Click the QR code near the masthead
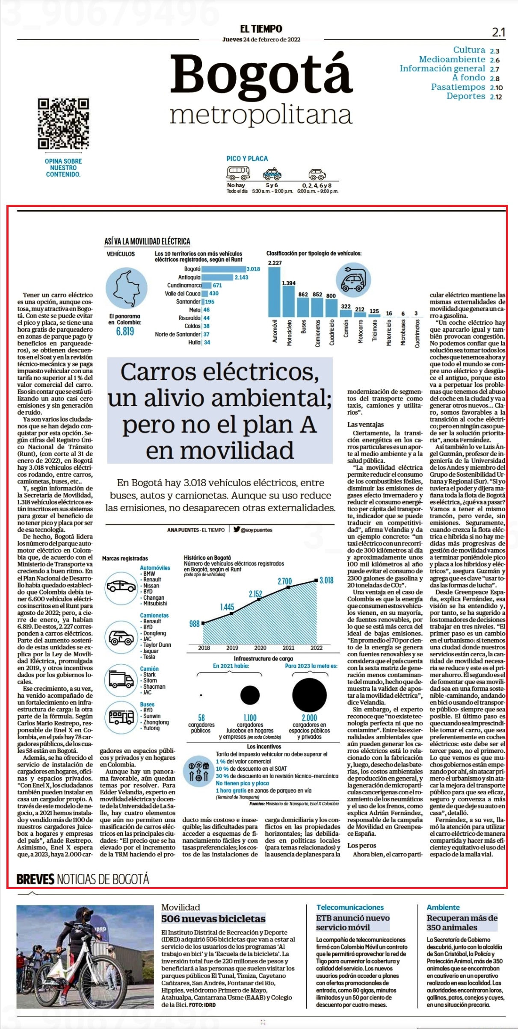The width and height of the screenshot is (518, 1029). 63,124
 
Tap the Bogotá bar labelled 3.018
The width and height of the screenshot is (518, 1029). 224,269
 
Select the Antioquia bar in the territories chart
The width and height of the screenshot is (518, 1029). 218,277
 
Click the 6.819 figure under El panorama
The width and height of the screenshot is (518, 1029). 125,331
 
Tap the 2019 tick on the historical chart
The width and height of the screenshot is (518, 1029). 232,648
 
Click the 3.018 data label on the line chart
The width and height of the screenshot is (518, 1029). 326,580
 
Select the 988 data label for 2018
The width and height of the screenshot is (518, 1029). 195,624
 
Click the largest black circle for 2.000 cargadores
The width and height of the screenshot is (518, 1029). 309,695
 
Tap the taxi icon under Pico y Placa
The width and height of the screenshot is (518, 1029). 272,174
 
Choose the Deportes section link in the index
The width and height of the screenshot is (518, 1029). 466,96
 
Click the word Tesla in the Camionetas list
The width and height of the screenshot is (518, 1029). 149,657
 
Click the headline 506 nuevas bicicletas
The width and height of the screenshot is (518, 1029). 213,918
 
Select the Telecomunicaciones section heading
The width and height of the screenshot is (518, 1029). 350,907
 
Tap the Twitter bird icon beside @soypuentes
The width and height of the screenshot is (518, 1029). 237,529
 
